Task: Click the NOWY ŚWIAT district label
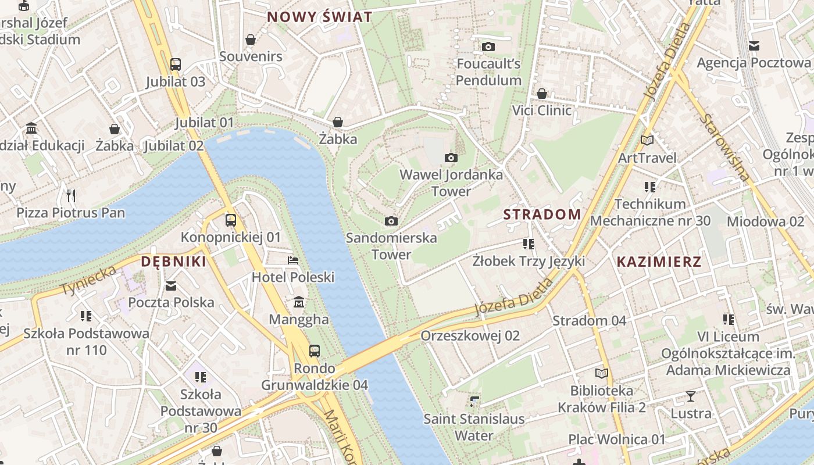[x=319, y=17]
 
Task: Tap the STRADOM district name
[x=542, y=214]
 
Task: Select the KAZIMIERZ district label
[x=659, y=262]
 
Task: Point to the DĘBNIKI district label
[x=174, y=262]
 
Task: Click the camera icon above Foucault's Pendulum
[x=488, y=46]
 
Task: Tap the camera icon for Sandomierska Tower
[x=391, y=221]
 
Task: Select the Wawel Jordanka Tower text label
[x=451, y=183]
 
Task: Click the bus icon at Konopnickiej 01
[x=231, y=220]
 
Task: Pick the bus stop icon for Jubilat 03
[x=176, y=65]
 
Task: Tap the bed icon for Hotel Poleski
[x=293, y=260]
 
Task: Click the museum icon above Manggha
[x=299, y=302]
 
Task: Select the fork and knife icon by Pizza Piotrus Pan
[x=71, y=195]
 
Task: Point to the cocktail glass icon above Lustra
[x=691, y=396]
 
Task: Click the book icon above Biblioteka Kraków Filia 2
[x=601, y=373]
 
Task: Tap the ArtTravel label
[x=647, y=158]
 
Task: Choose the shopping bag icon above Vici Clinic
[x=542, y=94]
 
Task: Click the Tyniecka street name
[x=88, y=280]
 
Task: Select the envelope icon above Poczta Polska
[x=171, y=285]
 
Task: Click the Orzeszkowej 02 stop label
[x=470, y=336]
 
